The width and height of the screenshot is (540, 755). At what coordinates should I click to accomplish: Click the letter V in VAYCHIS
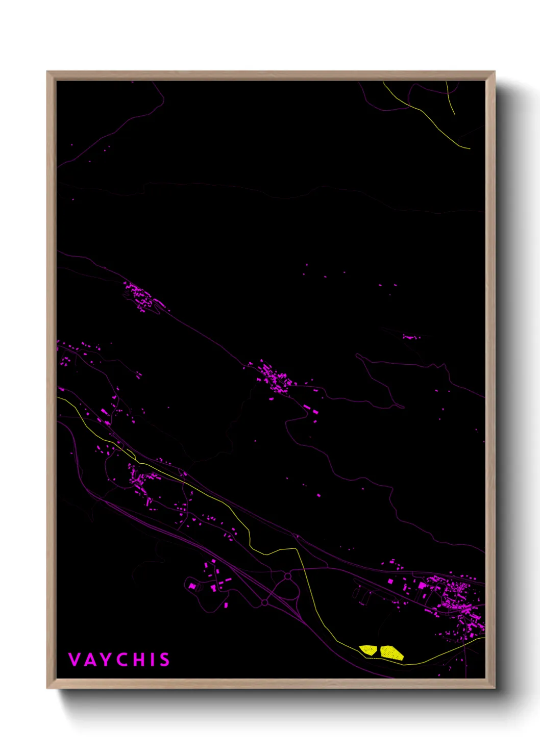75,660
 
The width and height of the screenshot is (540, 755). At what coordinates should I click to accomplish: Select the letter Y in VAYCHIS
105,660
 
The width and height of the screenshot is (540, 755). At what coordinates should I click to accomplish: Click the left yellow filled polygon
368,650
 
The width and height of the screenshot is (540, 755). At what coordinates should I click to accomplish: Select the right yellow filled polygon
391,652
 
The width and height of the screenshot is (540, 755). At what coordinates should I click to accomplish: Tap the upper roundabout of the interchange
288,576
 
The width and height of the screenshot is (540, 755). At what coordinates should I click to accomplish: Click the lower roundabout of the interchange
265,602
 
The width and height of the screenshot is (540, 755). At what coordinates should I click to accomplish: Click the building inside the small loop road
192,586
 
